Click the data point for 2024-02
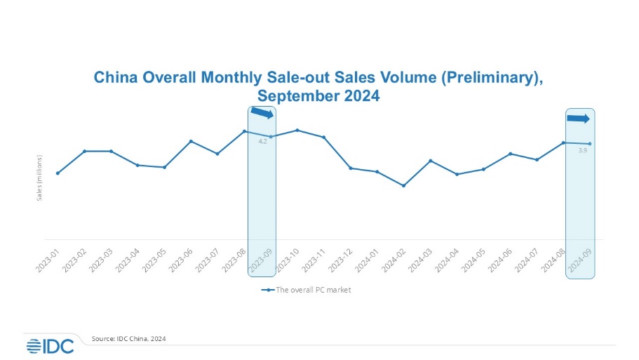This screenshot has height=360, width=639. tap(403, 186)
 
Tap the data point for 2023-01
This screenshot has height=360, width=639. tap(58, 173)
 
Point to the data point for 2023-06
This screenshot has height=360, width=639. tap(191, 141)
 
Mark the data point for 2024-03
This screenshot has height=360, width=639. tap(430, 161)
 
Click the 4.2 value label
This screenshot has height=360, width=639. tap(263, 142)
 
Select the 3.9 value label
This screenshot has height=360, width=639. tap(583, 150)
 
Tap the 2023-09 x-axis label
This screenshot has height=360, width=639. tap(262, 258)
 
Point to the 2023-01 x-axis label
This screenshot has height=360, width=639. tap(48, 258)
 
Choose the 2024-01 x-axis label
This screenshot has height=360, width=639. tap(368, 258)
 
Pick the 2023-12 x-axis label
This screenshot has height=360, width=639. tap(341, 258)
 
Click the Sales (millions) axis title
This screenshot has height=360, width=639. tap(40, 177)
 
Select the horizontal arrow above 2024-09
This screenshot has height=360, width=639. tap(579, 119)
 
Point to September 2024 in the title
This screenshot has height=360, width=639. tap(319, 96)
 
